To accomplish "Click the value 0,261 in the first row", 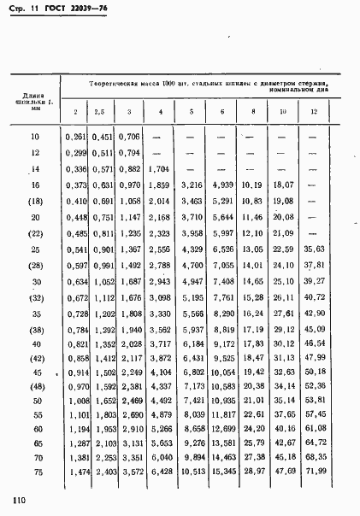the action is (76, 136).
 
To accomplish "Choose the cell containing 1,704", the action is (159, 168).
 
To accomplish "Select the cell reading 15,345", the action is (222, 472).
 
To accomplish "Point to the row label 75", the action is (36, 472).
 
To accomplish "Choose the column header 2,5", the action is (99, 112).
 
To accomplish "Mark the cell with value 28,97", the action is (253, 472).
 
